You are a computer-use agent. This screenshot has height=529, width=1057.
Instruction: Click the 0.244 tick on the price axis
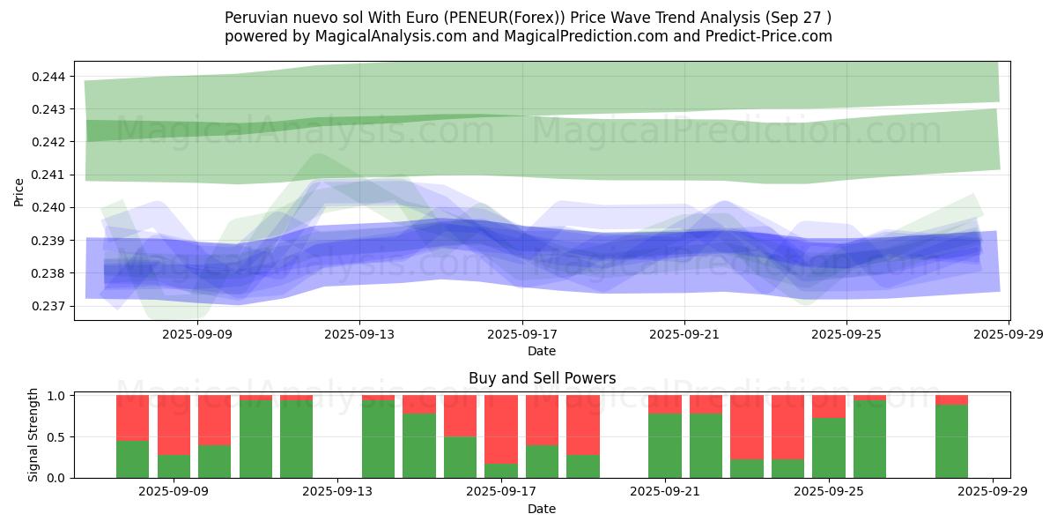tap(48, 77)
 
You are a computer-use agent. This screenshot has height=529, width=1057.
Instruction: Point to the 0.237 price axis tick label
tap(48, 306)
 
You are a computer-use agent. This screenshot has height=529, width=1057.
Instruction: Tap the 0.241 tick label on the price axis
tap(48, 175)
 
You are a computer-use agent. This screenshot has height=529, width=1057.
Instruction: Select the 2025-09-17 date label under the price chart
tap(522, 334)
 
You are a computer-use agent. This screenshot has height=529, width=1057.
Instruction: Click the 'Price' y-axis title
tap(19, 191)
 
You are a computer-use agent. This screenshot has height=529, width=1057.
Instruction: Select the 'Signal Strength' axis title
tap(33, 435)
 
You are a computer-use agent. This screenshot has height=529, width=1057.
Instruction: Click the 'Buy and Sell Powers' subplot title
tap(542, 378)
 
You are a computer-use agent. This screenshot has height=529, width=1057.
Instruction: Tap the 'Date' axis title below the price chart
tap(542, 351)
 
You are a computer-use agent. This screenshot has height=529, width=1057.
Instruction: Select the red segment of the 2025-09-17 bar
tap(501, 428)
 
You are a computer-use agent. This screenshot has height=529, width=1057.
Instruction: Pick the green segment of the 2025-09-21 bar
tap(664, 445)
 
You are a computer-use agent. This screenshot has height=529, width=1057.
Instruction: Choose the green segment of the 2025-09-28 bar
tap(951, 441)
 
